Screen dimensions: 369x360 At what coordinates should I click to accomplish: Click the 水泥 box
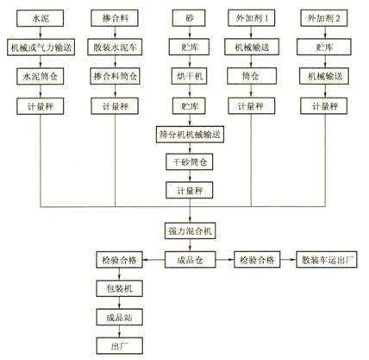coord(40,18)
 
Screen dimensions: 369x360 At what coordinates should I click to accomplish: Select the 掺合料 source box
coord(115,18)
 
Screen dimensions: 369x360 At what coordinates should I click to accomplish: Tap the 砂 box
coord(189,18)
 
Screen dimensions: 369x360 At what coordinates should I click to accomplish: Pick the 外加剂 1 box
coord(252,18)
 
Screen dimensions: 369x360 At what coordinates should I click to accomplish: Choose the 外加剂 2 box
coord(324,18)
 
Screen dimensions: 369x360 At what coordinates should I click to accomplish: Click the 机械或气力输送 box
coord(41,47)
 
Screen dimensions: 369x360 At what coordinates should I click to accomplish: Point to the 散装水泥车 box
coord(115,47)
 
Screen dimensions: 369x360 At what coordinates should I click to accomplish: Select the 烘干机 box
coord(189,76)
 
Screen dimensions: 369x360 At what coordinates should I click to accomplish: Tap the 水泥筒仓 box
coord(41,77)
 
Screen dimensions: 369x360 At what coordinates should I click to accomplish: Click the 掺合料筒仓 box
coord(115,76)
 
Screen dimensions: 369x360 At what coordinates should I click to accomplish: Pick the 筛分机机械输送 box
coord(190,135)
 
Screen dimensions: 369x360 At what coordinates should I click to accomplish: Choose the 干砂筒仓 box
coord(190,162)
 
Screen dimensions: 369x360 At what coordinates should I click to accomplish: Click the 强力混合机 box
coord(190,231)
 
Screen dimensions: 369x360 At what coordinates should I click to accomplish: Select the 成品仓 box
coord(190,260)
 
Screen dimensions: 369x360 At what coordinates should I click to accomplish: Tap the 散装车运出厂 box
coord(327,260)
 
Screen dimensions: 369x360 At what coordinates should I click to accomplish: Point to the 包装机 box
coord(119,288)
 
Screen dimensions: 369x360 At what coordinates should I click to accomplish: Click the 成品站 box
coord(119,318)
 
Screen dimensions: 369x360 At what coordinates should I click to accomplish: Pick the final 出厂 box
coord(119,346)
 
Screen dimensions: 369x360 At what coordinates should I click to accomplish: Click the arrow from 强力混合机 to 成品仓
coord(190,245)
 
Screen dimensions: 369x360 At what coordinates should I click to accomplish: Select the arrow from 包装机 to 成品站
coord(119,303)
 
